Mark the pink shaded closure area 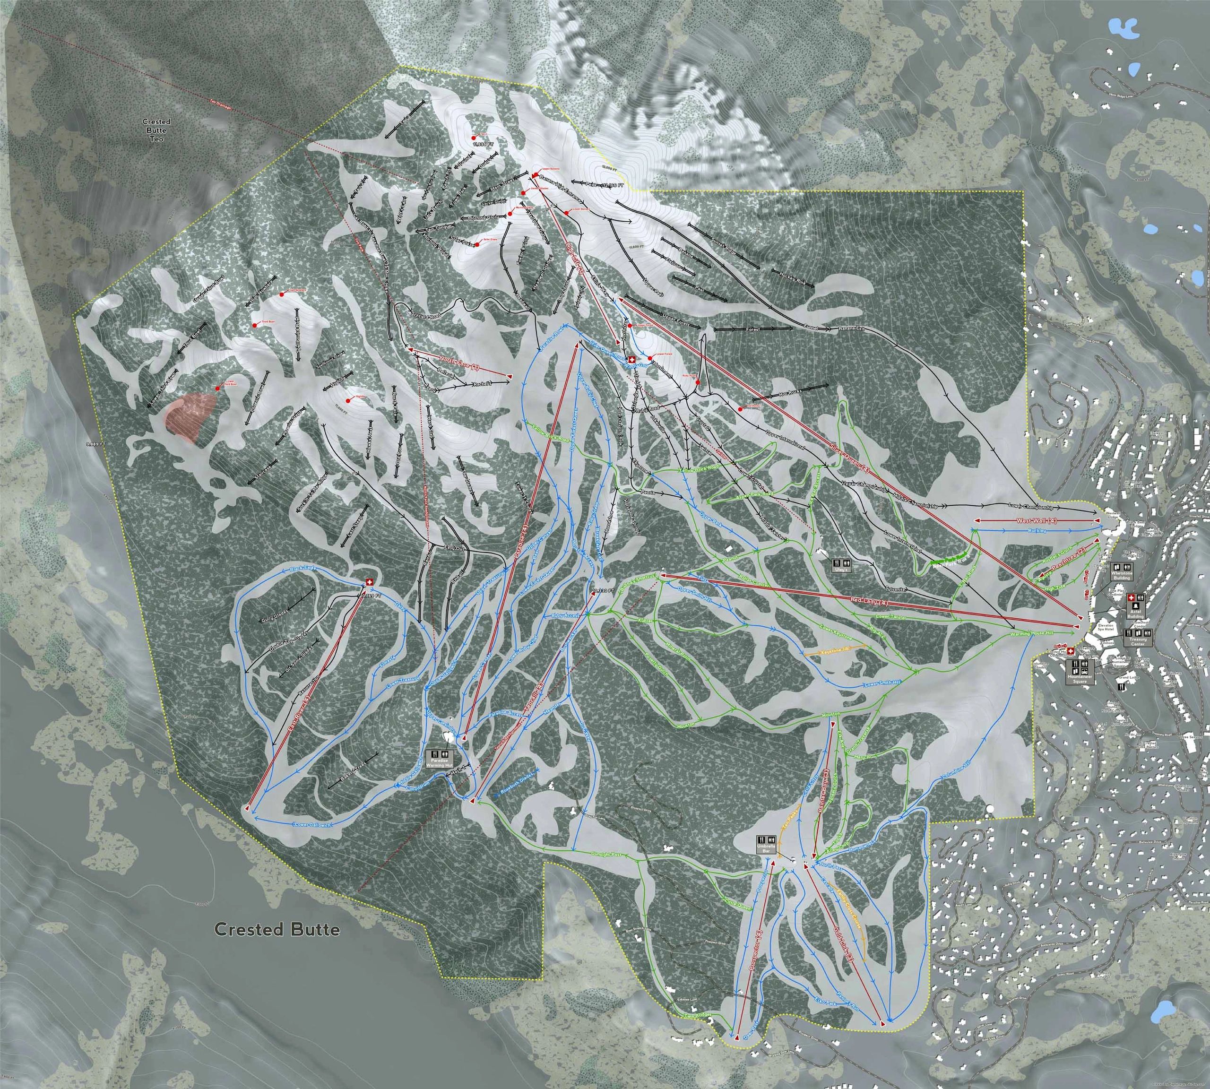point(190,415)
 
